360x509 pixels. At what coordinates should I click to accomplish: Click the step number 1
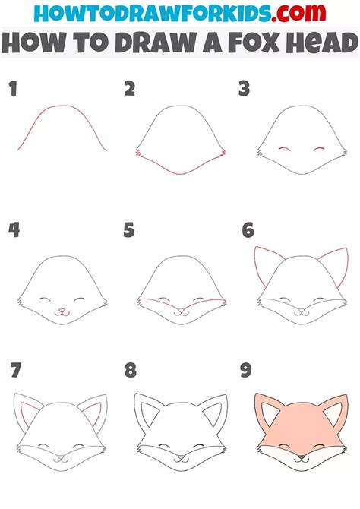13,89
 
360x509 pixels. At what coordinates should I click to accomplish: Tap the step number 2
130,89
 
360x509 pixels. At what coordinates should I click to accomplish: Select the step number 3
245,89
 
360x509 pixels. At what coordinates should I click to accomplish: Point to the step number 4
14,229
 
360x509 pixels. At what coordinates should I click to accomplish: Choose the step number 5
130,229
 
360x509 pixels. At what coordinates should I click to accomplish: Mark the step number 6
248,229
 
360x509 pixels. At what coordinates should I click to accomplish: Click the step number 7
15,371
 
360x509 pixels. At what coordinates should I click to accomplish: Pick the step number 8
131,371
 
